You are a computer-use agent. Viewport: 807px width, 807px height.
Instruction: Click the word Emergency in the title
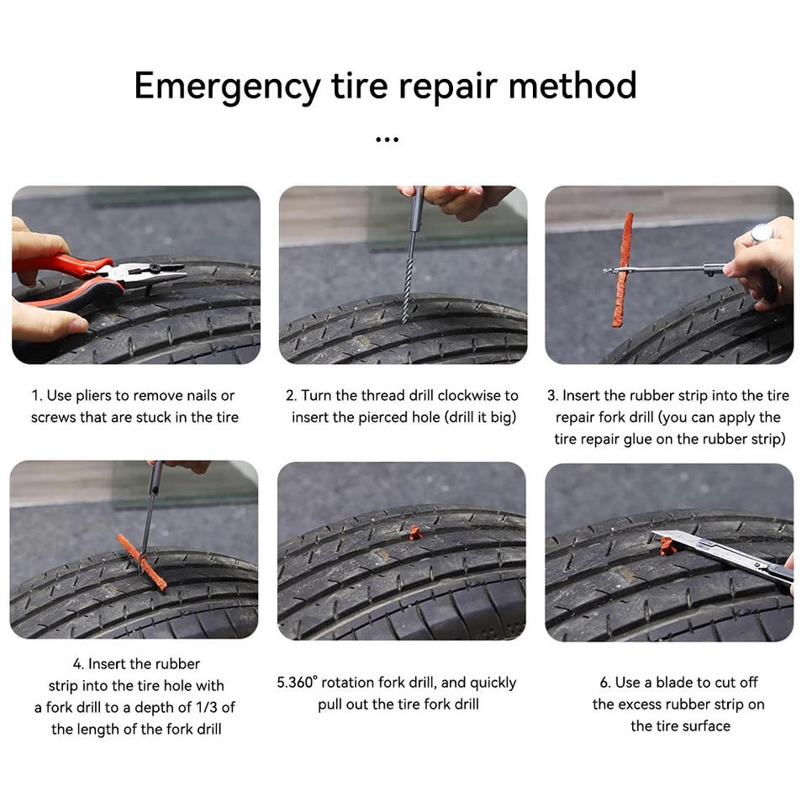(227, 87)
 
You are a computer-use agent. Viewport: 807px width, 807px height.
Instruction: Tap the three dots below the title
(387, 139)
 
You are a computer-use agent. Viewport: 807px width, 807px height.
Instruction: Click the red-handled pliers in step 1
(98, 278)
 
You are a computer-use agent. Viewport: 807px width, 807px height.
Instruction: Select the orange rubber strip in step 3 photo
(623, 270)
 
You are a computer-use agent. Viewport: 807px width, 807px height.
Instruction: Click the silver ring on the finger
(762, 233)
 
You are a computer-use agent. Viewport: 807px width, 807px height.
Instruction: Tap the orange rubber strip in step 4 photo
(141, 562)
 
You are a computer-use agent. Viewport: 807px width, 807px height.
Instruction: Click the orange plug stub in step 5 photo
(415, 533)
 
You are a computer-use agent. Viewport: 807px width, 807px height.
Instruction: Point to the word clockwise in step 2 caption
(469, 395)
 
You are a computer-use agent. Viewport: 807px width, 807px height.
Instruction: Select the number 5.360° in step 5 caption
(297, 683)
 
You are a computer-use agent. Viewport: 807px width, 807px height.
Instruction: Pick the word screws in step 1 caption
(53, 418)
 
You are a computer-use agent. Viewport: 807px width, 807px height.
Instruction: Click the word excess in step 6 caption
(639, 704)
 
